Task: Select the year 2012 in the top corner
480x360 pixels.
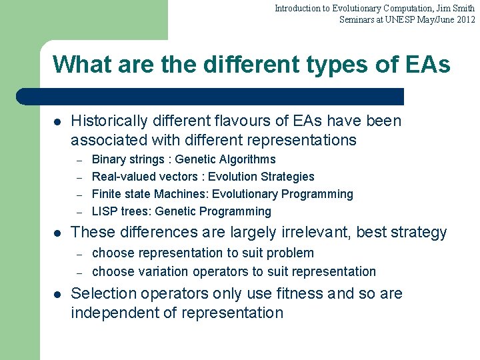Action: [465, 19]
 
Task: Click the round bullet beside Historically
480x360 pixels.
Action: [57, 122]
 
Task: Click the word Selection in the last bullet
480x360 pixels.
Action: [103, 293]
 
